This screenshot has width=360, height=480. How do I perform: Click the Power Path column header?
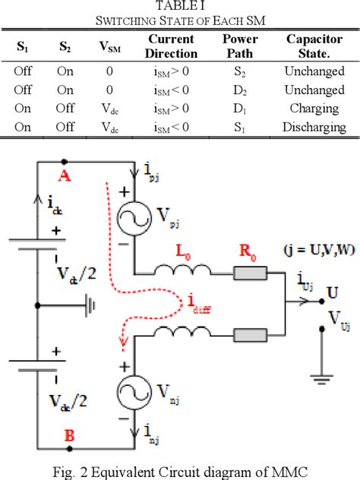point(240,46)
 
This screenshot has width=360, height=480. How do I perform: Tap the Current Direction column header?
point(170,46)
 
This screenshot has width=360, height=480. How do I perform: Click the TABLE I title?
point(179,6)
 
